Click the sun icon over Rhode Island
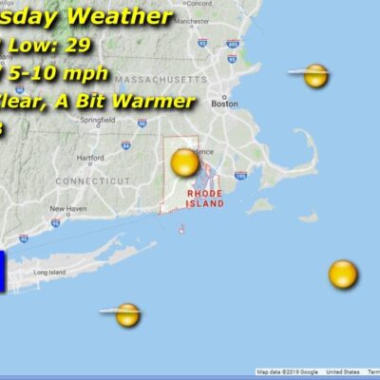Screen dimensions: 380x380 [184, 163]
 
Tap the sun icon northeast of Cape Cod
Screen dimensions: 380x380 [316, 76]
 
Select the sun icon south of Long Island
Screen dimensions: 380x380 [128, 314]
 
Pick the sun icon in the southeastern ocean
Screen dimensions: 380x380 [343, 275]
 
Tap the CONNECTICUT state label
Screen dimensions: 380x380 [92, 180]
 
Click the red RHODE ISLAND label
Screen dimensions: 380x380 [205, 198]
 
